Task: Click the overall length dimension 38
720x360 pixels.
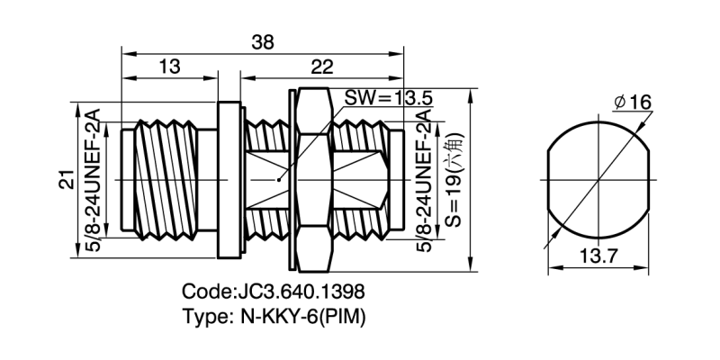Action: tap(263, 42)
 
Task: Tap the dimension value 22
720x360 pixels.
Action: tap(321, 67)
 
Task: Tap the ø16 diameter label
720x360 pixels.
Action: tap(632, 102)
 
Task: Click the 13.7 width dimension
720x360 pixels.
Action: tap(598, 257)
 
